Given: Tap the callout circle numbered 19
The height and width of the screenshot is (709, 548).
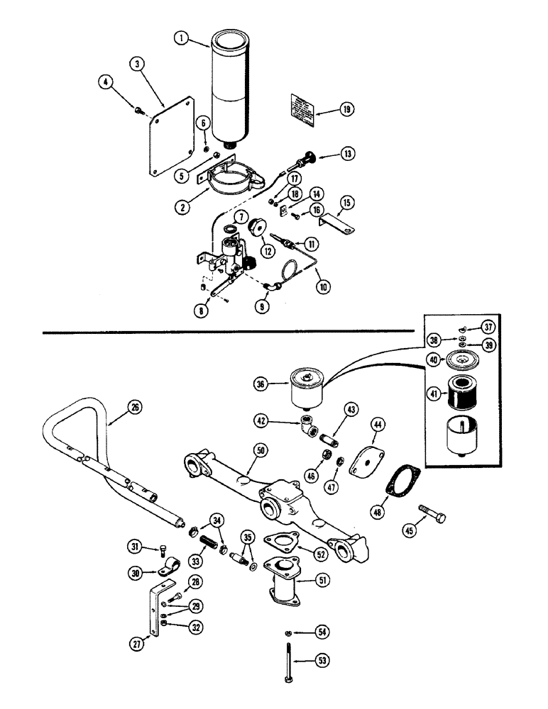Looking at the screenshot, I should tap(346, 110).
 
